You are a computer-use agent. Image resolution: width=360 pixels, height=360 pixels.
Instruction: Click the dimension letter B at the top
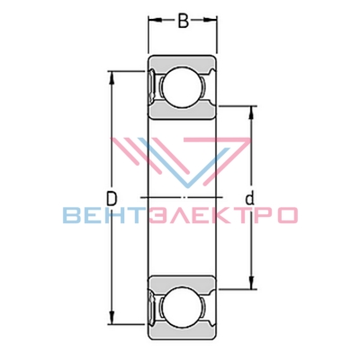(184, 21)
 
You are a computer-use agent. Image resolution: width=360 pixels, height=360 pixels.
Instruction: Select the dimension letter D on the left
(112, 198)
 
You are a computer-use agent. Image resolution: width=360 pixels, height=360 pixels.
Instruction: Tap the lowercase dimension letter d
(249, 198)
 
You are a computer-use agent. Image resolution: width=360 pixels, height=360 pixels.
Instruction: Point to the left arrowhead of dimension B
(154, 20)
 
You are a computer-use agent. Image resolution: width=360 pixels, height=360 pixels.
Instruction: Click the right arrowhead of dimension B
(211, 20)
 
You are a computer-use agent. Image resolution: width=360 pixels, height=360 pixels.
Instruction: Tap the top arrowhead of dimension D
(112, 78)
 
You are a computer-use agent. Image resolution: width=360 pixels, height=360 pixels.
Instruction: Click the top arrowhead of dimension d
(251, 112)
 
